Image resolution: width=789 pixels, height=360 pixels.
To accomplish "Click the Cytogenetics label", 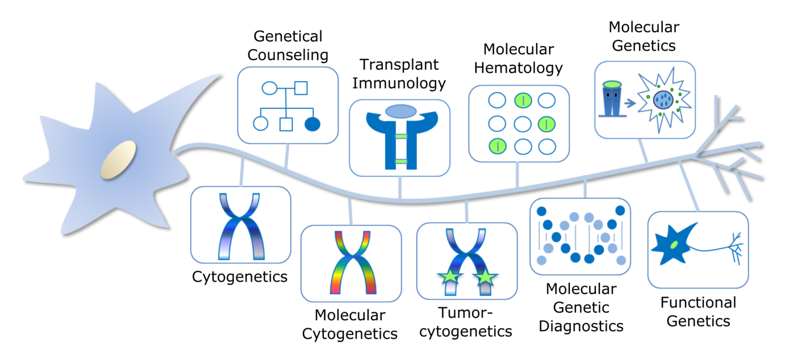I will (240, 277).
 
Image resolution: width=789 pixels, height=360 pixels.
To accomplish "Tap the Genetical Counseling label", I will (288, 46).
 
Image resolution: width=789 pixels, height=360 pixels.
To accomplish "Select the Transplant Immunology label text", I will (399, 74).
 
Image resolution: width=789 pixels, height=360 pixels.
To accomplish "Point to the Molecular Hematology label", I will (518, 58).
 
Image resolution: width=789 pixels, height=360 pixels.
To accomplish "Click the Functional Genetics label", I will (698, 311).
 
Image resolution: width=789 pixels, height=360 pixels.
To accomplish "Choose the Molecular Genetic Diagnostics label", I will (581, 307).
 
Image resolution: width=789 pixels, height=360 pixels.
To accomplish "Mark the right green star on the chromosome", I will (486, 278).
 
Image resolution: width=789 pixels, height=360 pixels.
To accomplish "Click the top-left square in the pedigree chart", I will (300, 88).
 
